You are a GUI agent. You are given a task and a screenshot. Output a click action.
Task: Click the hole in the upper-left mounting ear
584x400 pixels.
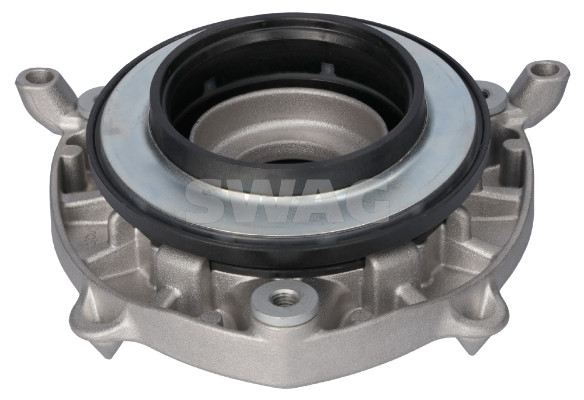(40, 77)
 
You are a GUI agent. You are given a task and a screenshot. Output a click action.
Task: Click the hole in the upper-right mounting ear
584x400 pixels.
(545, 70)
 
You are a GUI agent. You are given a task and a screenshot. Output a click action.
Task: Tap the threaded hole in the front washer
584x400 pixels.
(285, 297)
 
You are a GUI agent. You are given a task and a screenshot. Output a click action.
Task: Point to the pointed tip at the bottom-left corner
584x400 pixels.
(108, 358)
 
